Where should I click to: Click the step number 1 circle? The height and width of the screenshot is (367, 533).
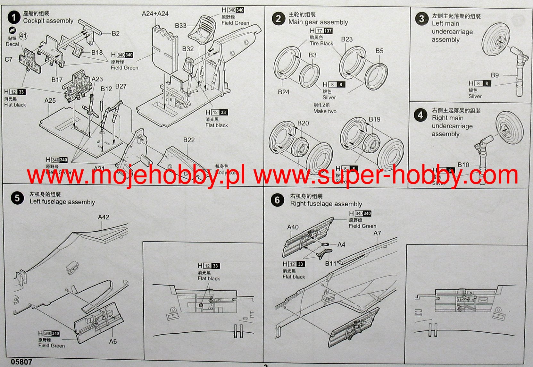pyautogui.click(x=14, y=17)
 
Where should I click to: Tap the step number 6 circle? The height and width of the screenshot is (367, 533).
pyautogui.click(x=277, y=200)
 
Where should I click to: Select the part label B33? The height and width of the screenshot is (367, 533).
pyautogui.click(x=180, y=26)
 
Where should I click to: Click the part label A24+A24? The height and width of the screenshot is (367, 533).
pyautogui.click(x=155, y=13)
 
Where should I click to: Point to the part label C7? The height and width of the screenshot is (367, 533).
pyautogui.click(x=9, y=59)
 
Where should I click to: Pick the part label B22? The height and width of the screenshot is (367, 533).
pyautogui.click(x=189, y=140)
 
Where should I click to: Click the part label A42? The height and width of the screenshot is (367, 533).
pyautogui.click(x=104, y=217)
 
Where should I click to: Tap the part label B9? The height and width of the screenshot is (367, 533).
pyautogui.click(x=495, y=75)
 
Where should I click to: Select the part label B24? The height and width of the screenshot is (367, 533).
pyautogui.click(x=284, y=92)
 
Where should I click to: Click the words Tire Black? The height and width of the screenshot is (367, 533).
pyautogui.click(x=321, y=44)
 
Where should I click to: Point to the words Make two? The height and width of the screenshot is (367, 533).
pyautogui.click(x=325, y=111)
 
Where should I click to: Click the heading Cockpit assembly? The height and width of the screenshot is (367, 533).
pyautogui.click(x=48, y=21)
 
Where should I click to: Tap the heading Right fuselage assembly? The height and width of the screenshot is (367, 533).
pyautogui.click(x=326, y=204)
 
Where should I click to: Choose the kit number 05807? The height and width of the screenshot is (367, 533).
pyautogui.click(x=21, y=362)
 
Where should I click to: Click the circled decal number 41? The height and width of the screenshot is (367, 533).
pyautogui.click(x=23, y=36)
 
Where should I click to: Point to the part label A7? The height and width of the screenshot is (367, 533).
pyautogui.click(x=377, y=233)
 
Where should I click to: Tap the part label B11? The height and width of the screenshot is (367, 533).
pyautogui.click(x=330, y=263)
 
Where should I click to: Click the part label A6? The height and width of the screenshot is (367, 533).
pyautogui.click(x=113, y=341)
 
